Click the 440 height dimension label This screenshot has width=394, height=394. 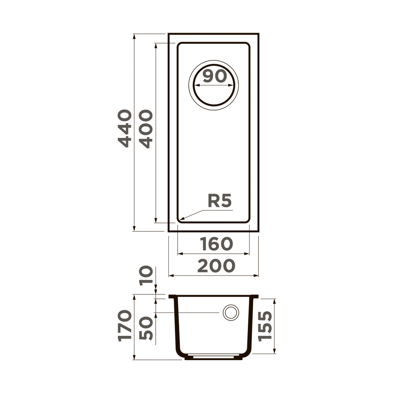[125, 128]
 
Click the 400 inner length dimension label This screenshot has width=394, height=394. [146, 129]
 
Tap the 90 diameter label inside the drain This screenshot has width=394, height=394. [215, 76]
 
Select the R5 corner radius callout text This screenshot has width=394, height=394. [219, 201]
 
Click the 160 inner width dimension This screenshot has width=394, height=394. [216, 244]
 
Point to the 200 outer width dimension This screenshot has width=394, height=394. [216, 266]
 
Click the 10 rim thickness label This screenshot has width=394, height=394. [147, 275]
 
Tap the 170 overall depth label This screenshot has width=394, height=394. [125, 326]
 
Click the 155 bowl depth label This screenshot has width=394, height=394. [265, 326]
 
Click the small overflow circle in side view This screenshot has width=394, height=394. [231, 312]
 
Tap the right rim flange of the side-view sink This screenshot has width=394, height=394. [255, 297]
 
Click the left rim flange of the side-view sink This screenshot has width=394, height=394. [172, 297]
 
